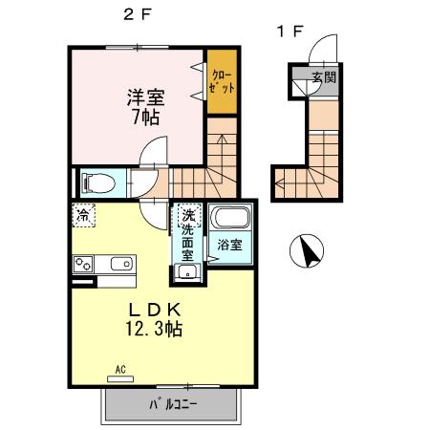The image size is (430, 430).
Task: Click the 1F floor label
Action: click(290, 31)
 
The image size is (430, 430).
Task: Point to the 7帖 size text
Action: click(145, 118)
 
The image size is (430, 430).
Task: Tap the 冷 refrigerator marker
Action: click(85, 216)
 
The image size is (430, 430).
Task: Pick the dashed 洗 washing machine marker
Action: click(188, 216)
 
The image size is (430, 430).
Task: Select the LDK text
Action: click(157, 309)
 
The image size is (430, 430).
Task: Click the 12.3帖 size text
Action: click(157, 330)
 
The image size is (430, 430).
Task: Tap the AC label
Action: click(121, 368)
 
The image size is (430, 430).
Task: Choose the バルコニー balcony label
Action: click(172, 404)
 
